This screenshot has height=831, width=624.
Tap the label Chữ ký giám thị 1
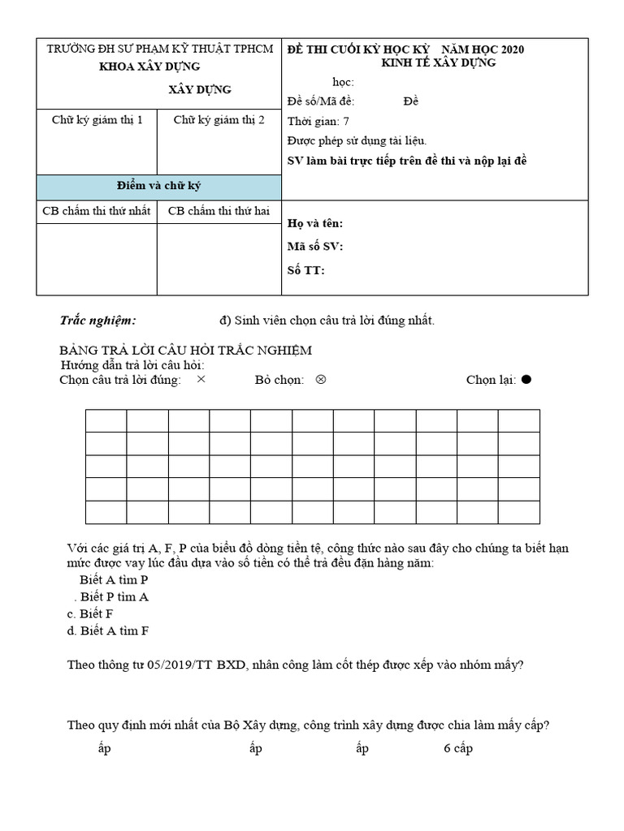(97, 120)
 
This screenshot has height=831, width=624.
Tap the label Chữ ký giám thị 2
(219, 120)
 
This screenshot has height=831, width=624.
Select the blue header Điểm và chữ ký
(158, 186)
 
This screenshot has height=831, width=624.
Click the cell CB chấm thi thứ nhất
(97, 212)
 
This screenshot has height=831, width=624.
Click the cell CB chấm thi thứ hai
(219, 212)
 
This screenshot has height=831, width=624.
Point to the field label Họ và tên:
(315, 223)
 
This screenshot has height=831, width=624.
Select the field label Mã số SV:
(315, 247)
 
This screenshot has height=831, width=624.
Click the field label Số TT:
(306, 270)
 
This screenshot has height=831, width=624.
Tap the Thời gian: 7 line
(318, 122)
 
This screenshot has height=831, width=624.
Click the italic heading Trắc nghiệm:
(98, 321)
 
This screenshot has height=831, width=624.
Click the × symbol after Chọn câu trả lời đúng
(201, 379)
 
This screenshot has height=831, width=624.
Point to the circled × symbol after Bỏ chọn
(320, 379)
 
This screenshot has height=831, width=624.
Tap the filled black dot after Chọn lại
(526, 380)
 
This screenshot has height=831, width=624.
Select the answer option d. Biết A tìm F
(107, 630)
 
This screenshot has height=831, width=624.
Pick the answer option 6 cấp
(458, 748)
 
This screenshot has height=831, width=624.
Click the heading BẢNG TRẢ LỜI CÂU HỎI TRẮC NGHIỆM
(185, 349)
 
